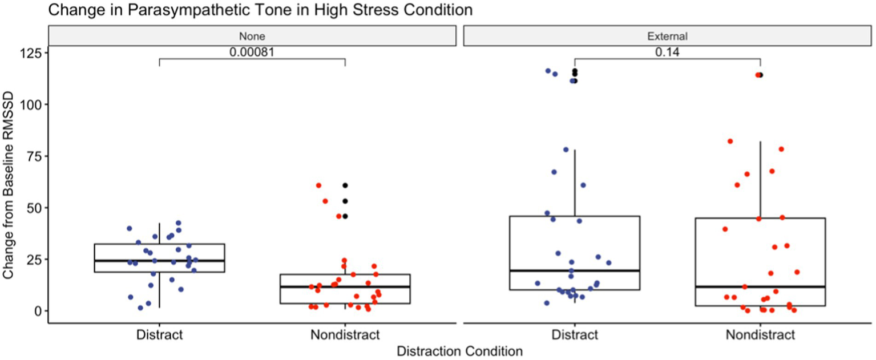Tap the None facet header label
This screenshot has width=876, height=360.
pos(252,36)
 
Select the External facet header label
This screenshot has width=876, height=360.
pos(667,36)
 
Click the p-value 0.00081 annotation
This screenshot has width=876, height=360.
pos(252,52)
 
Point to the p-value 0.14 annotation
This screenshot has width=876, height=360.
pos(667,52)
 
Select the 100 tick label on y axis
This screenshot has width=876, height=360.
pos(32,104)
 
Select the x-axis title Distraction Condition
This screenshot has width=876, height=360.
pos(459,351)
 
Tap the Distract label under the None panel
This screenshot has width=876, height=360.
pos(159,334)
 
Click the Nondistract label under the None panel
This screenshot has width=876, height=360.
pos(345,334)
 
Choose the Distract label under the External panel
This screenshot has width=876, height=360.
pos(575,334)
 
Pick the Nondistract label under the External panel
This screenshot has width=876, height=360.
pos(760,334)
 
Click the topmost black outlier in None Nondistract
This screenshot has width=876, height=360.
pos(345,185)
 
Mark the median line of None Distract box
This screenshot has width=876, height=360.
pos(159,260)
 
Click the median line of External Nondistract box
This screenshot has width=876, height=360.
pos(760,286)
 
